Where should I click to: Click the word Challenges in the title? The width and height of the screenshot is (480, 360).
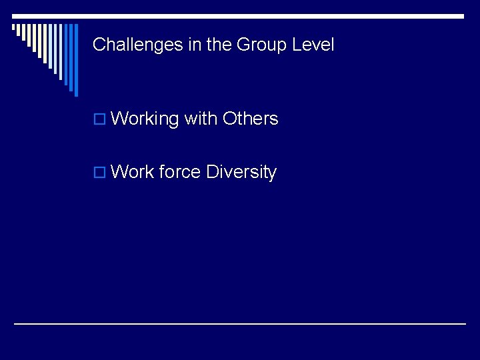tap(125, 45)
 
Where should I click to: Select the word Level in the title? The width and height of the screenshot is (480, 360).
tap(313, 45)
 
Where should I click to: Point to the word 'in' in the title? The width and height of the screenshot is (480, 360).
tap(170, 45)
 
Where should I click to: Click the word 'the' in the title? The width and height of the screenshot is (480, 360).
tap(197, 45)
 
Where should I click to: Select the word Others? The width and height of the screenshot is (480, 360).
tap(250, 119)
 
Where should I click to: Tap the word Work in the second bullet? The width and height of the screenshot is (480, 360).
tap(133, 172)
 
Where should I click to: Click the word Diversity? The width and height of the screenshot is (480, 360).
tap(241, 172)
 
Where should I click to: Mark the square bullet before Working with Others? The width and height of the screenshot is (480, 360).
tap(99, 120)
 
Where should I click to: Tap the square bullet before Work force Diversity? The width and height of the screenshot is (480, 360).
tap(99, 173)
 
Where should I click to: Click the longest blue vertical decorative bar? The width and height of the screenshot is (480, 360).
tap(76, 60)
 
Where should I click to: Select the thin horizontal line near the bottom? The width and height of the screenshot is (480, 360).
tap(240, 323)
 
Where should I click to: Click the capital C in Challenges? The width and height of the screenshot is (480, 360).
tap(99, 45)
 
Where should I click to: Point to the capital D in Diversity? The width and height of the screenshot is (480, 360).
tap(212, 172)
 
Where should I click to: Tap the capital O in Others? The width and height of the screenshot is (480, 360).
tap(229, 119)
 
